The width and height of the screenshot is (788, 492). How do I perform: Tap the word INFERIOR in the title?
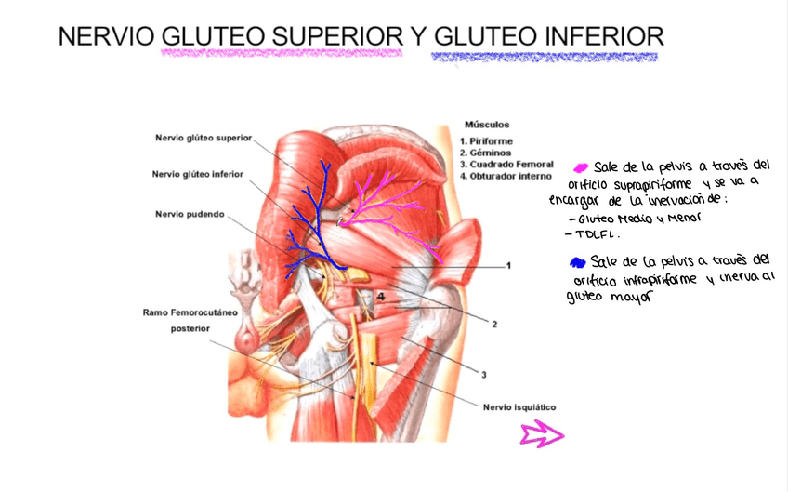pos(591,36)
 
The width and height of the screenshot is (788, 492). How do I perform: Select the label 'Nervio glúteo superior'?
pos(203,138)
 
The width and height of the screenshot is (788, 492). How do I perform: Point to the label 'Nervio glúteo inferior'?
pos(198,174)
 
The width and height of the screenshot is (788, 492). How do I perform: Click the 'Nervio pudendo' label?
pos(190,214)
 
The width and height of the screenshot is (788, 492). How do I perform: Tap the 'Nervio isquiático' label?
pos(519,406)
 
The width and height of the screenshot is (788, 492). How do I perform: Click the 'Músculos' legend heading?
pos(486,124)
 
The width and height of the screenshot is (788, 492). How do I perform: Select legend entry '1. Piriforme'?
pos(486,141)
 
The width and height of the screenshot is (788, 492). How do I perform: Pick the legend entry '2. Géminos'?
pos(485,153)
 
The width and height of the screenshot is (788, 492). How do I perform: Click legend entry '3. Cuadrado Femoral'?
pos(506,164)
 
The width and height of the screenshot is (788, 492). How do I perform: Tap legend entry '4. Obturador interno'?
pos(506,175)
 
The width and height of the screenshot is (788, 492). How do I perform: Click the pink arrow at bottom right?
pos(543,432)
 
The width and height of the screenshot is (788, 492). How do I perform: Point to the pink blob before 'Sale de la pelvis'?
pos(582,167)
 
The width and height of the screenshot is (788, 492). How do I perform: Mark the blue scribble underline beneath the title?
pos(544,58)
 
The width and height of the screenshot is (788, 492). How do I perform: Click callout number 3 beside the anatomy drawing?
pos(483,375)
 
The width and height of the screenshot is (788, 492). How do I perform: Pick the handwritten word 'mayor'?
pos(630,299)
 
